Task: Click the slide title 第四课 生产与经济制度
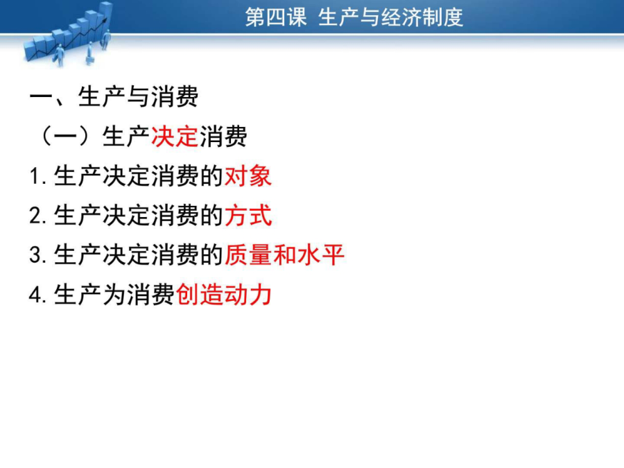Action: click(x=354, y=17)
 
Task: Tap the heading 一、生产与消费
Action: click(x=114, y=96)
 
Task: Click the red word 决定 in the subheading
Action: click(x=175, y=137)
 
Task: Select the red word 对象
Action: click(x=248, y=176)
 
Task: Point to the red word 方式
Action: click(x=248, y=216)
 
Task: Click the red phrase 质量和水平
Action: click(x=284, y=254)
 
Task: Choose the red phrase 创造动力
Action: click(x=224, y=295)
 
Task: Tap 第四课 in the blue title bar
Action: click(x=276, y=17)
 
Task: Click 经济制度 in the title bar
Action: click(x=422, y=17)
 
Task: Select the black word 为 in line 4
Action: click(x=114, y=295)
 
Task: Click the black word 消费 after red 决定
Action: click(x=223, y=137)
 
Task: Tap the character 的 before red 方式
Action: click(x=212, y=216)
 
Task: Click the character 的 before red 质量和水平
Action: click(x=212, y=254)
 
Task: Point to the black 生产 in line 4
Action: click(x=78, y=295)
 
